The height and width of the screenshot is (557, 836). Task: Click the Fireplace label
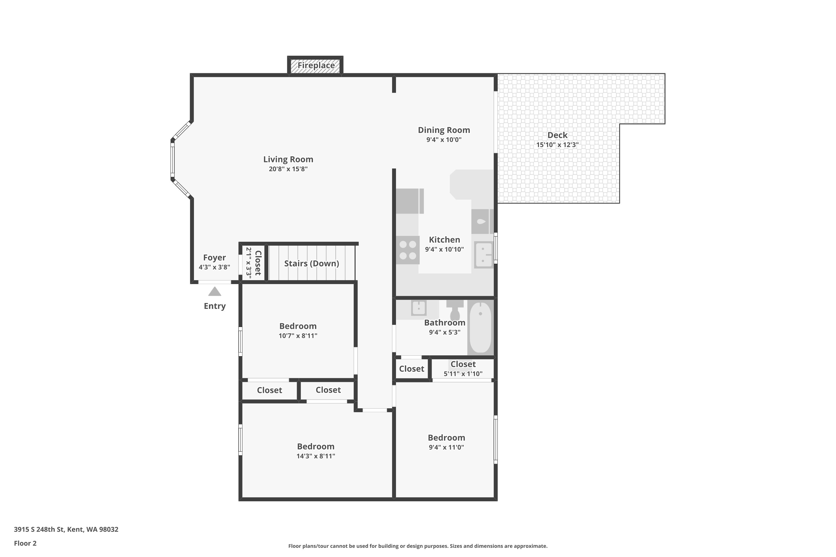(x=316, y=65)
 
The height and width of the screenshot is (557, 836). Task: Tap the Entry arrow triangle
(x=215, y=292)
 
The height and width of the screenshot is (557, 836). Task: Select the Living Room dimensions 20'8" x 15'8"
(x=288, y=169)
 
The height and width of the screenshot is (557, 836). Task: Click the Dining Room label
(x=444, y=130)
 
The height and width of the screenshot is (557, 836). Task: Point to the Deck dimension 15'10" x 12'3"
(x=557, y=145)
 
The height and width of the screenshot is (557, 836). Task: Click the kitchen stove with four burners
(x=408, y=250)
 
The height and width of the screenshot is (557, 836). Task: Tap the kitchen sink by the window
(x=484, y=255)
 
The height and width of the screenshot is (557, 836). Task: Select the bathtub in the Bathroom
(x=480, y=328)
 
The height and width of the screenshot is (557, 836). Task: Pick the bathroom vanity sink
(x=419, y=308)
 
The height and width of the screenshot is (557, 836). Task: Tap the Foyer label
(x=214, y=258)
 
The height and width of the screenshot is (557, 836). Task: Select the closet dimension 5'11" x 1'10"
(x=463, y=374)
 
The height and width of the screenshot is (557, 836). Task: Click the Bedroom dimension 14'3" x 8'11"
(x=316, y=456)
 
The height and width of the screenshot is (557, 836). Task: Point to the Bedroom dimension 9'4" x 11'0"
(x=446, y=447)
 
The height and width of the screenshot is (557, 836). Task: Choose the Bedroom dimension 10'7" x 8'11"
(x=298, y=336)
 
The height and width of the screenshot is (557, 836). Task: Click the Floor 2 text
(x=25, y=543)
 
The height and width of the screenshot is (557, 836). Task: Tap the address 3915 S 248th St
(x=39, y=529)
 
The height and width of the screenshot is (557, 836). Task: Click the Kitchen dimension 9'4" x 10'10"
(x=444, y=249)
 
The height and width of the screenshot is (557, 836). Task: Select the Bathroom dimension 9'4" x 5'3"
(x=445, y=332)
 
